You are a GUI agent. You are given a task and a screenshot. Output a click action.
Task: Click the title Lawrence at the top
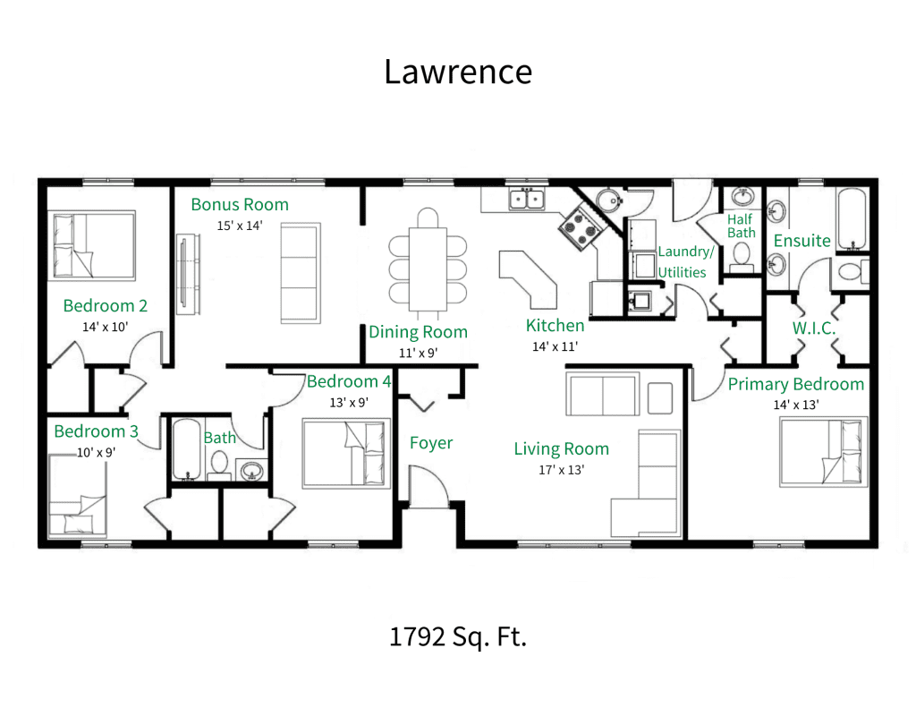(457, 72)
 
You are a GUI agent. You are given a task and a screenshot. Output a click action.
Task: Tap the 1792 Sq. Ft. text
(457, 637)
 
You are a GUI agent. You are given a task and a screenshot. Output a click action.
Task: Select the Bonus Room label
(240, 205)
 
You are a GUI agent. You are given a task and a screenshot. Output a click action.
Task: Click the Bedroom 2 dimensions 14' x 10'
(106, 327)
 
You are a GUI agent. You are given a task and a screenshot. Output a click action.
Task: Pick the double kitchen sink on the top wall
(527, 199)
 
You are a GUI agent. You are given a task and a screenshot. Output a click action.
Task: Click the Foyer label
(431, 443)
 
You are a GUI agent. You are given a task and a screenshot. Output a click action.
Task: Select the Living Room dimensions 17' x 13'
(561, 470)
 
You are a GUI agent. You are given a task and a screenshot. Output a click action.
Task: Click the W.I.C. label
(814, 328)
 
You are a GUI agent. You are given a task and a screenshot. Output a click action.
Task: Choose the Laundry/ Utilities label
(685, 261)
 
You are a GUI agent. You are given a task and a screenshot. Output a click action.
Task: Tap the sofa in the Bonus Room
(301, 273)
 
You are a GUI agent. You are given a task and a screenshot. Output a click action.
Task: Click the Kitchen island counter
(528, 277)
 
